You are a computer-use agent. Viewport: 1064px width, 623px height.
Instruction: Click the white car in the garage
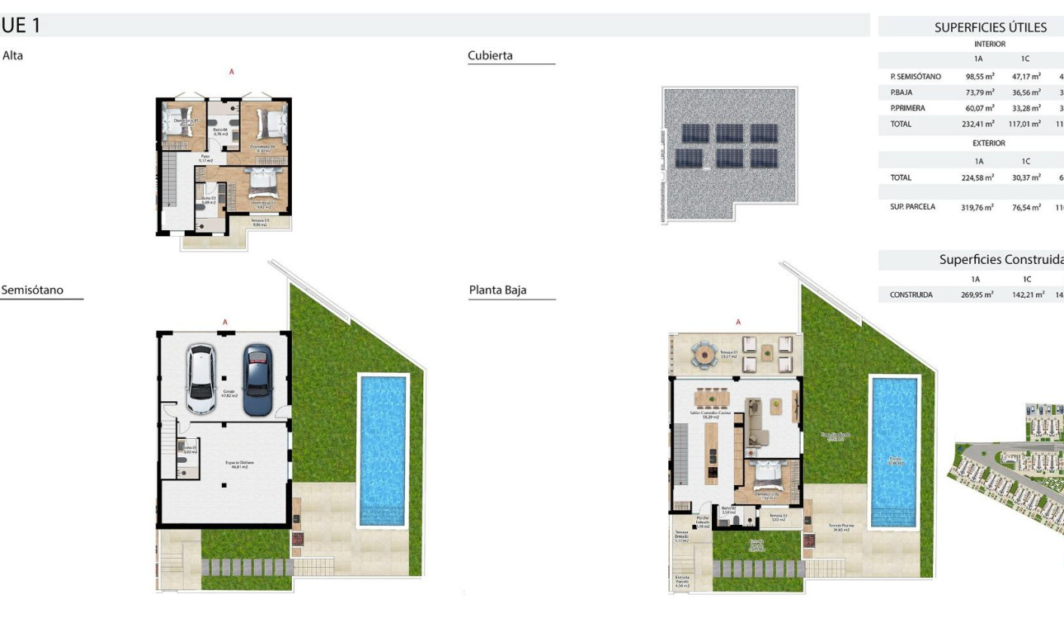[x=200, y=379]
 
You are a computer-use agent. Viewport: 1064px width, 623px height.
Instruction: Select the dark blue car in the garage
[x=257, y=380]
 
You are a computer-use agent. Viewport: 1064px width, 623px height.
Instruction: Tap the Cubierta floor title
[x=490, y=55]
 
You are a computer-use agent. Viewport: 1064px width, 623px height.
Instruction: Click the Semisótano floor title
[x=32, y=290]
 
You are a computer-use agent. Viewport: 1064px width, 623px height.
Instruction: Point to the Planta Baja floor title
[x=497, y=290]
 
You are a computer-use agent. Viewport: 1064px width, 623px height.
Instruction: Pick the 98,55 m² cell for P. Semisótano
[x=979, y=77]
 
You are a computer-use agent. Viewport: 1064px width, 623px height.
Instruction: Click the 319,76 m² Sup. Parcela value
[x=977, y=207]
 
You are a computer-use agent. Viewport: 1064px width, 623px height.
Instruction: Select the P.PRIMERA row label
[x=907, y=108]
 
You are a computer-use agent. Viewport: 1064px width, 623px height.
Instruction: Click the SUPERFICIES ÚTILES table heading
[x=990, y=27]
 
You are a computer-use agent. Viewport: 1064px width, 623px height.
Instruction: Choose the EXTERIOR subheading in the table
[x=989, y=143]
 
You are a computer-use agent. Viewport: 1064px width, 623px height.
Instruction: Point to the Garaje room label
[x=228, y=393]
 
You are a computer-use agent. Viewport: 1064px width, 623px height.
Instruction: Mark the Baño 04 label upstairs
[x=219, y=131]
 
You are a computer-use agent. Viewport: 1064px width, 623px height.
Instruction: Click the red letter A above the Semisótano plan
[x=224, y=322]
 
